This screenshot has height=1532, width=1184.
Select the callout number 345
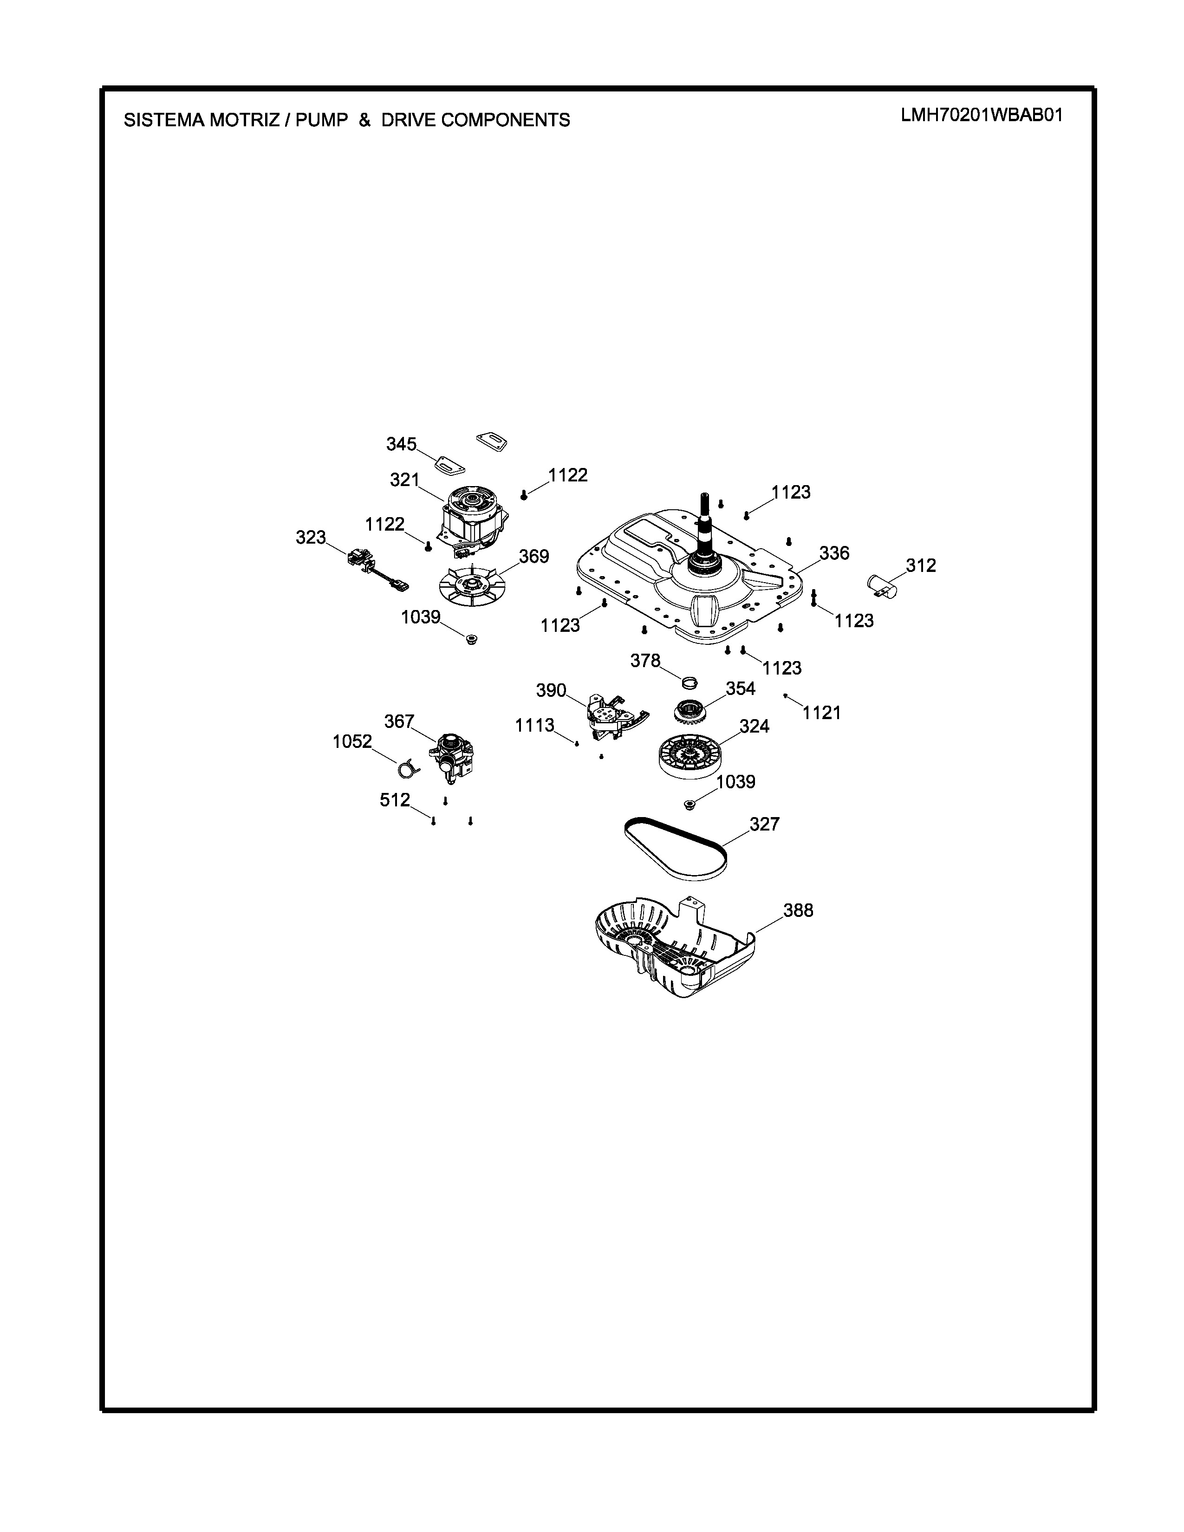[x=401, y=444]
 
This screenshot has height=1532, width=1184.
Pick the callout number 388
[x=798, y=910]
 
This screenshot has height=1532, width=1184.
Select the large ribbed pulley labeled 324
[x=693, y=755]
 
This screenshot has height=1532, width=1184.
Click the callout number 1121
[x=821, y=713]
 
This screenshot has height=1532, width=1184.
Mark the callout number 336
[x=834, y=553]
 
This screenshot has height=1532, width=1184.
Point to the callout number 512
[x=395, y=800]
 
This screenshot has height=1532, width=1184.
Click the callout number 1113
[x=534, y=725]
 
